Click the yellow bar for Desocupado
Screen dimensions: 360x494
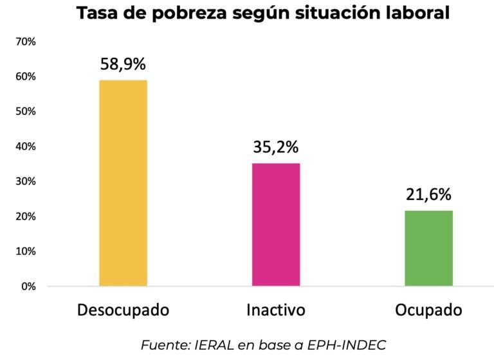pos(123,183)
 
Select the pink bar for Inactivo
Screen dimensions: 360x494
pos(276,224)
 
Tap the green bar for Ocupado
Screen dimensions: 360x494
pos(428,248)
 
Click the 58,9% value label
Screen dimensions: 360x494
pos(123,64)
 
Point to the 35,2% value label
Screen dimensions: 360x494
pos(276,147)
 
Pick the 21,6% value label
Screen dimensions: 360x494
pos(428,195)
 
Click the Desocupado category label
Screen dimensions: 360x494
pos(123,310)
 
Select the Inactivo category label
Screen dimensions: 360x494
pos(276,310)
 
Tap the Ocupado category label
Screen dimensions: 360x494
pos(428,310)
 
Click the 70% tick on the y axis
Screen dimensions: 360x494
pos(26,42)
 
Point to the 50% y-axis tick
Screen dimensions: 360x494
pos(26,111)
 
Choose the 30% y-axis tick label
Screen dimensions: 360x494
pos(26,181)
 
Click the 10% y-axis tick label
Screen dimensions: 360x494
pos(26,251)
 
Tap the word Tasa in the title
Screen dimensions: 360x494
pos(97,13)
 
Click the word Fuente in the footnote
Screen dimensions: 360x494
pos(164,345)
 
